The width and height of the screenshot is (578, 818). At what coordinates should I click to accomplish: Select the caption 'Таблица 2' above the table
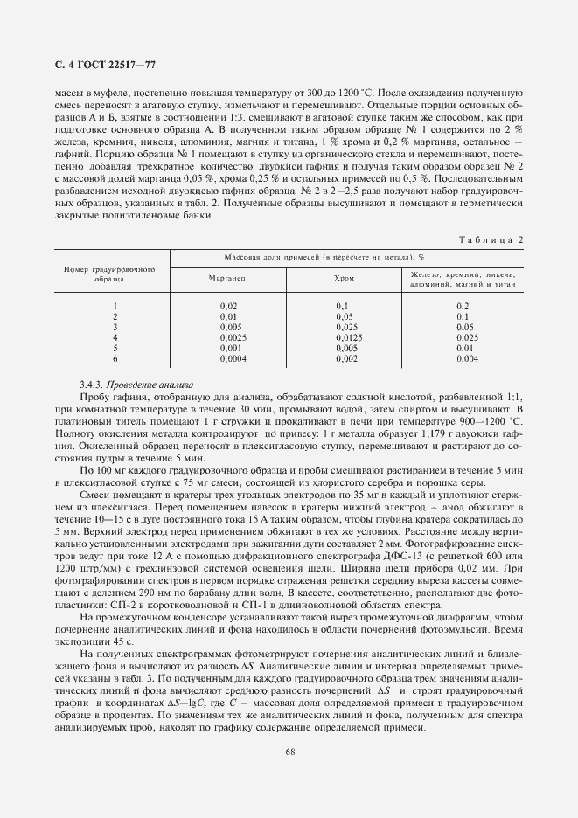coord(491,238)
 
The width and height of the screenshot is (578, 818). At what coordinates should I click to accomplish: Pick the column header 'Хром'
coord(345,277)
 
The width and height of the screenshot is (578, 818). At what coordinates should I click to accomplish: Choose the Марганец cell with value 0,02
coord(228,305)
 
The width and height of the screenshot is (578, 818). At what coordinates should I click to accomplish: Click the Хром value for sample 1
coord(343,305)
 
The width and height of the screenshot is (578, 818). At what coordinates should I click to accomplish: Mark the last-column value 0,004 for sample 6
coord(467,357)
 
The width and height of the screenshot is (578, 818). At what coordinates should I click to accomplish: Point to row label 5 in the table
coord(115,347)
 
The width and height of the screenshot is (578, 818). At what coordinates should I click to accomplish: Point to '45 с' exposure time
coord(120,643)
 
